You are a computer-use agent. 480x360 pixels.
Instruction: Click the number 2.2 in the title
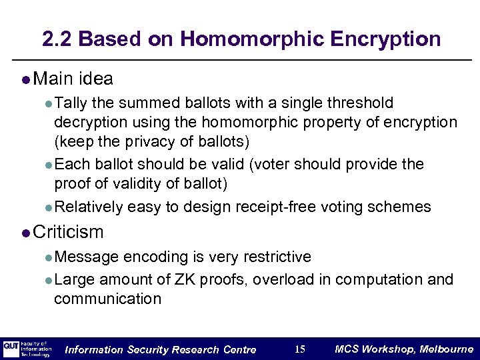56,39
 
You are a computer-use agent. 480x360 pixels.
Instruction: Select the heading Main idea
73,79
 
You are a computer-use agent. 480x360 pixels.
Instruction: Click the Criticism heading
68,232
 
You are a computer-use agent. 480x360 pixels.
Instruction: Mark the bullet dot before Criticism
25,233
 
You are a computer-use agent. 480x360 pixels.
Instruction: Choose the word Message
87,257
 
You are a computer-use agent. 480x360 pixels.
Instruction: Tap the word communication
107,299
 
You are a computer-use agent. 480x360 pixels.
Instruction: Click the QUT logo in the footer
11,349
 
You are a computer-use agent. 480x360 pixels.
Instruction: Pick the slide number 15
299,349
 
